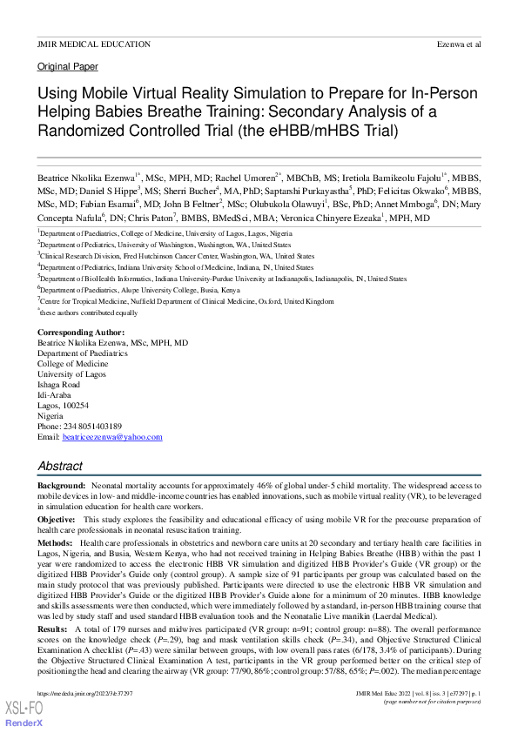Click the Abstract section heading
(x=60, y=467)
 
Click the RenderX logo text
(x=21, y=724)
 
